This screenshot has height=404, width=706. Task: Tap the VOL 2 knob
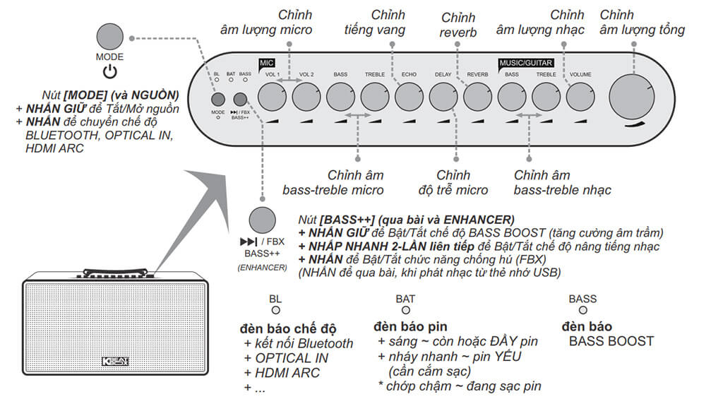point(306,95)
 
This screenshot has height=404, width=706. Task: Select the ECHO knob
point(409,95)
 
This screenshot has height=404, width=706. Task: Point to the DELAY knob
point(443,95)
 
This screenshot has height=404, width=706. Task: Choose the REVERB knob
point(477,95)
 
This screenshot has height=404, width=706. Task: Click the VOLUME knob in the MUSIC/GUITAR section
point(580,95)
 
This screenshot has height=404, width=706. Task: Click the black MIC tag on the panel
point(266,63)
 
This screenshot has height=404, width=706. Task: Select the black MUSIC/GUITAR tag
point(526,63)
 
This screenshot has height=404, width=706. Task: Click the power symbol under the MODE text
point(109,71)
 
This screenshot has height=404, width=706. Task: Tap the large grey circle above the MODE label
point(109,36)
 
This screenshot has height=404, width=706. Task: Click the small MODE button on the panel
point(218,100)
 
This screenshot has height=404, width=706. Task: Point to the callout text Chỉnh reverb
point(458,25)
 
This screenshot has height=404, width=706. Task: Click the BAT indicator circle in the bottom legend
point(405,310)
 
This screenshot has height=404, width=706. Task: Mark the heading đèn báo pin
point(410,327)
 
